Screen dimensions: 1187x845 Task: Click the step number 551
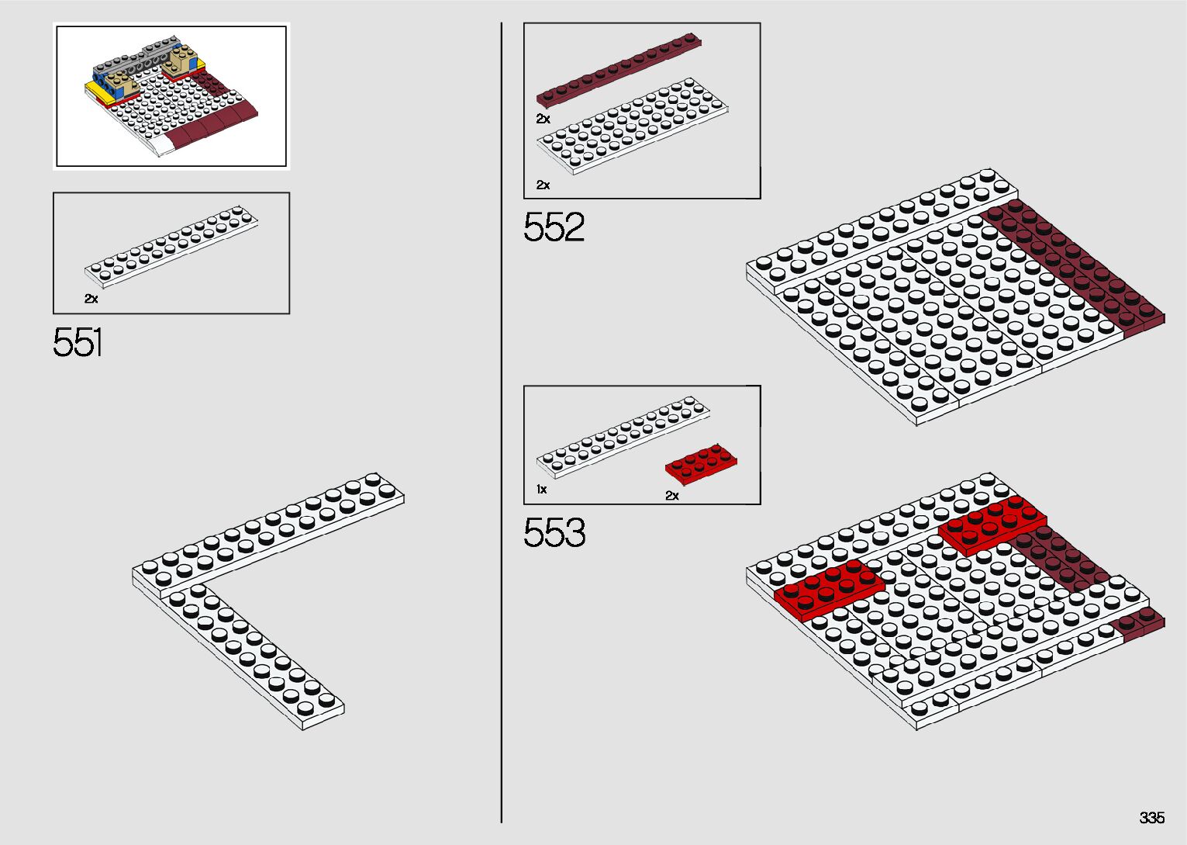tap(78, 342)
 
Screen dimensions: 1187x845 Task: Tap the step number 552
tap(554, 228)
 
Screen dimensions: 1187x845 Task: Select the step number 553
tap(554, 533)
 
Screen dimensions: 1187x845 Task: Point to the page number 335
tap(1151, 818)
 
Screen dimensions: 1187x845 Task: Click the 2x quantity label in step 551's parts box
tap(91, 299)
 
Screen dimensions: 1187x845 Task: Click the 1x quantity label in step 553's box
tap(541, 490)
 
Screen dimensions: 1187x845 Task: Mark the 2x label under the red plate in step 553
tap(671, 496)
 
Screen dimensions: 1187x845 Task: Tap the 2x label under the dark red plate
tap(543, 119)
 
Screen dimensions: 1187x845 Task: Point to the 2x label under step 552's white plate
tap(543, 185)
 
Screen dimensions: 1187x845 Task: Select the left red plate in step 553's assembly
tap(829, 588)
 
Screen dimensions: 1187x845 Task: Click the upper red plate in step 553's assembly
tap(991, 524)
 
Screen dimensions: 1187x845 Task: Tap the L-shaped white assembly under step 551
tap(233, 574)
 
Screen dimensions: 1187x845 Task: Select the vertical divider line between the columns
tap(502, 423)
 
